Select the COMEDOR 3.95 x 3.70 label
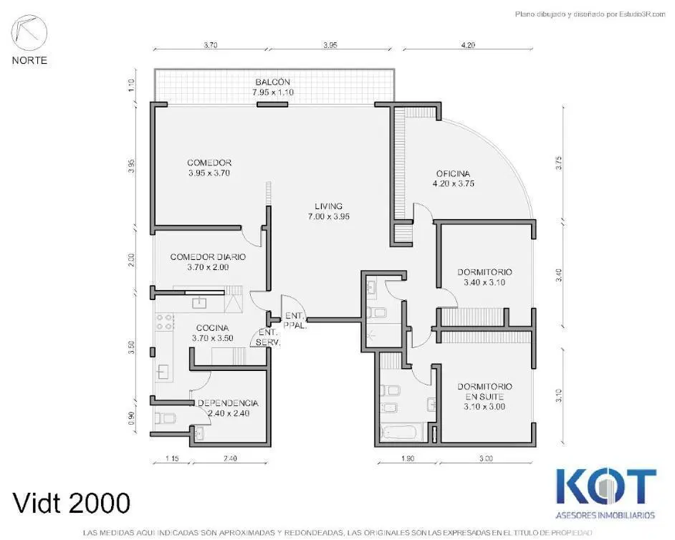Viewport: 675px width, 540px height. [209, 168]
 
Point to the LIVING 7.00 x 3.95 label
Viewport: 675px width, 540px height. [328, 211]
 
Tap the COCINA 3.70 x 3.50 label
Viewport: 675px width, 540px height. [213, 333]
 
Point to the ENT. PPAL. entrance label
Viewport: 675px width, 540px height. [295, 321]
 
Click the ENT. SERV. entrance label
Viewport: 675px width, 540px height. [268, 338]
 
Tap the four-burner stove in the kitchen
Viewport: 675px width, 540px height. [164, 322]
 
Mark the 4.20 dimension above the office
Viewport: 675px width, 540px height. [468, 44]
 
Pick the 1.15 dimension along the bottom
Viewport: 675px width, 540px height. [172, 458]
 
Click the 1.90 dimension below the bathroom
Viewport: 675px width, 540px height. [408, 458]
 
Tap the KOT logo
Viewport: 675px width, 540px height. [606, 486]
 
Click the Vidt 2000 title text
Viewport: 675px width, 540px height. [72, 503]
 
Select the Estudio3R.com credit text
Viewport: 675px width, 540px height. [590, 14]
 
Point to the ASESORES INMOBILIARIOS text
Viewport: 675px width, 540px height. [605, 515]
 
